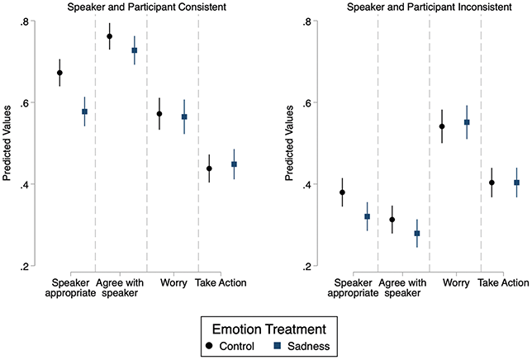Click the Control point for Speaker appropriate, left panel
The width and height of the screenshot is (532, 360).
click(59, 73)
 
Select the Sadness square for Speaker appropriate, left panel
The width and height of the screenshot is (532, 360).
click(84, 111)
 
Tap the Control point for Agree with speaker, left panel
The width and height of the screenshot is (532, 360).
click(109, 36)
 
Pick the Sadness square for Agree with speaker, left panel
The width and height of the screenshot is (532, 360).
click(135, 50)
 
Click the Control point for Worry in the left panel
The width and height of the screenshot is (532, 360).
click(159, 114)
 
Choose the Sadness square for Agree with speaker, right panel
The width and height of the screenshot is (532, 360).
click(417, 234)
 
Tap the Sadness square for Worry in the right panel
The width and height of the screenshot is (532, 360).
click(468, 122)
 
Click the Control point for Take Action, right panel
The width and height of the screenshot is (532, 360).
click(492, 182)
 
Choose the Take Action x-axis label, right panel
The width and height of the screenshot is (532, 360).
click(503, 283)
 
